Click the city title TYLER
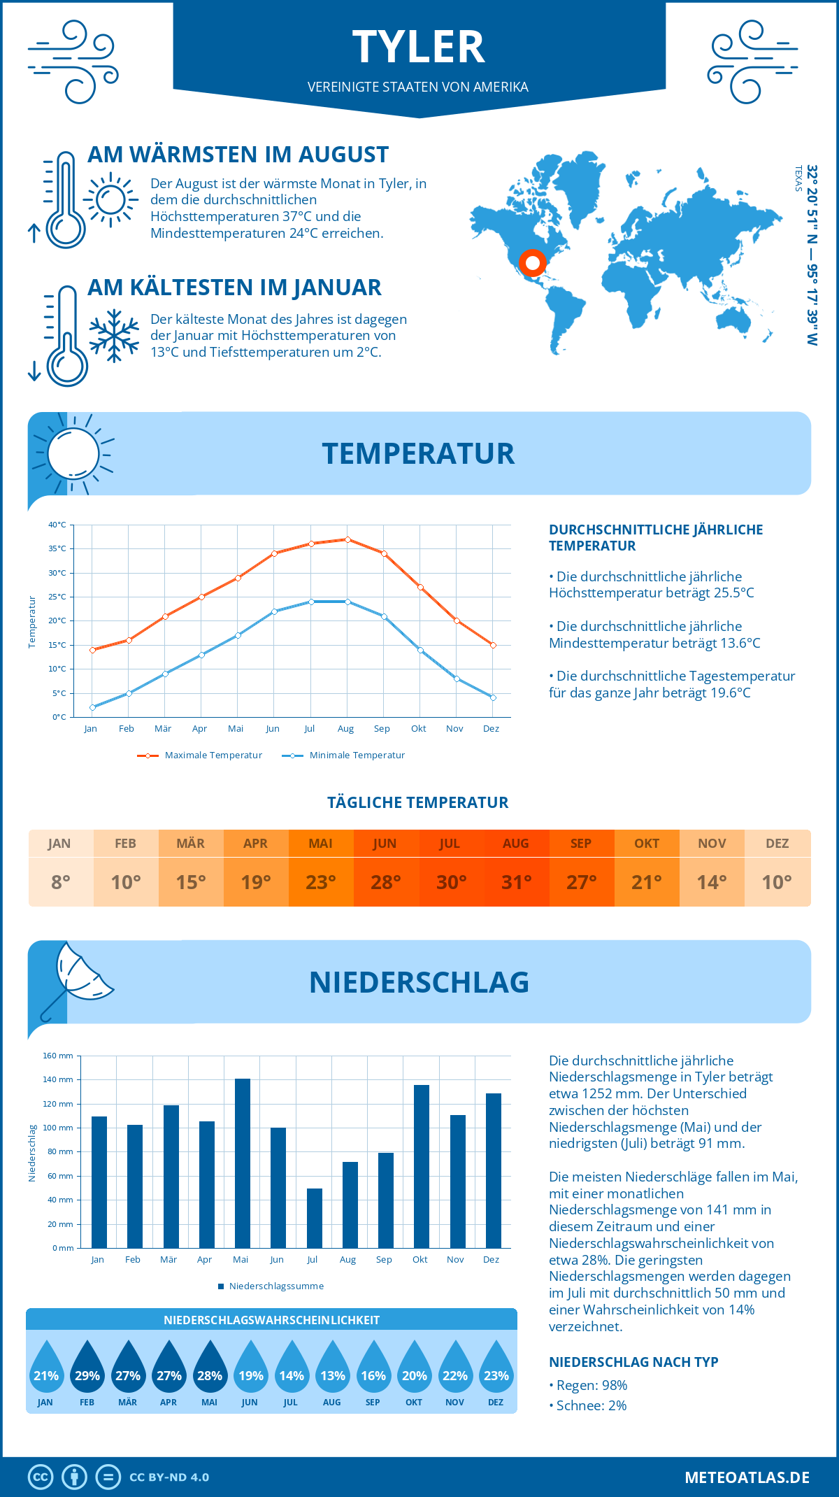point(418,48)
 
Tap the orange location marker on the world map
point(532,263)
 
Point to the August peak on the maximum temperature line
point(347,539)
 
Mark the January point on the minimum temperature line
point(92,707)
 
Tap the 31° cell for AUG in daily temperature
point(516,882)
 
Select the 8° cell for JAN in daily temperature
point(61,882)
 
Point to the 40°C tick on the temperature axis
point(57,525)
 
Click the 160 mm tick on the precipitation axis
point(59,1056)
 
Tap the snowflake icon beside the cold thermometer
point(114,336)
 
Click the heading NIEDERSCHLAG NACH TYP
point(633,1362)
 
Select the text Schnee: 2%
point(591,1405)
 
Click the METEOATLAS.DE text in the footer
point(747,1477)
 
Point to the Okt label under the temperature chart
point(418,728)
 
